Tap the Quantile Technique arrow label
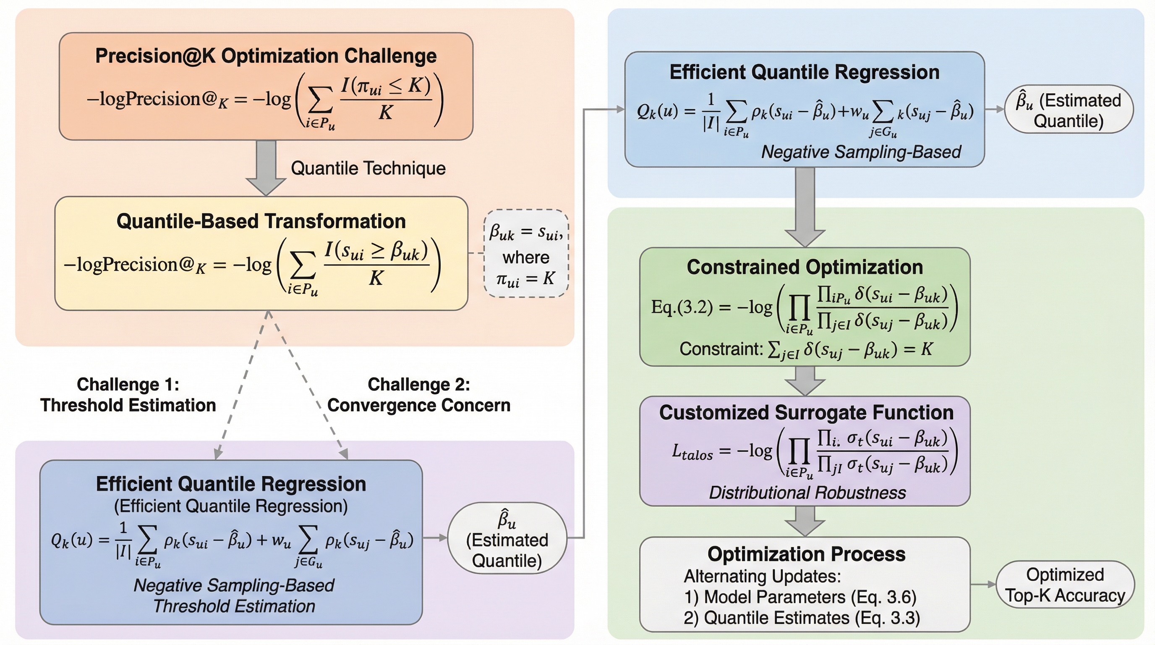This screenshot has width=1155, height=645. point(368,168)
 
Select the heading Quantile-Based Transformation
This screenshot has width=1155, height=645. point(261,221)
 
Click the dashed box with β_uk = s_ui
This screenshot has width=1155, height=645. point(526,254)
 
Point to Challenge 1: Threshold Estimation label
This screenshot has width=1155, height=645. point(128,395)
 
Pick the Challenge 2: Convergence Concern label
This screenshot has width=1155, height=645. point(419,395)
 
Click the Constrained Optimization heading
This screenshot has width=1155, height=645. point(805,267)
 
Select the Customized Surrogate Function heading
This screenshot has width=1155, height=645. point(806,412)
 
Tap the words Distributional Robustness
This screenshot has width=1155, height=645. point(807,493)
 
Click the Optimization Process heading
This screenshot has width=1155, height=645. point(806,554)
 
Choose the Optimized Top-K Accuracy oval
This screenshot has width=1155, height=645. point(1065,585)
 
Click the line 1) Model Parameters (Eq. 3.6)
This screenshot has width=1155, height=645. point(800,597)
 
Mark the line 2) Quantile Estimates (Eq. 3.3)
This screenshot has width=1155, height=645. point(802,618)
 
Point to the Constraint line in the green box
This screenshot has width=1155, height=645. point(806,349)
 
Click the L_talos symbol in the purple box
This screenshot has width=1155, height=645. point(692,451)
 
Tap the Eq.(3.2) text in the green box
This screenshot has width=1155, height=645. point(682,307)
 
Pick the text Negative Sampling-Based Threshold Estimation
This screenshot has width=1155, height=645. point(234,596)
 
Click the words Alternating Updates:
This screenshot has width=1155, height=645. point(762,576)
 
